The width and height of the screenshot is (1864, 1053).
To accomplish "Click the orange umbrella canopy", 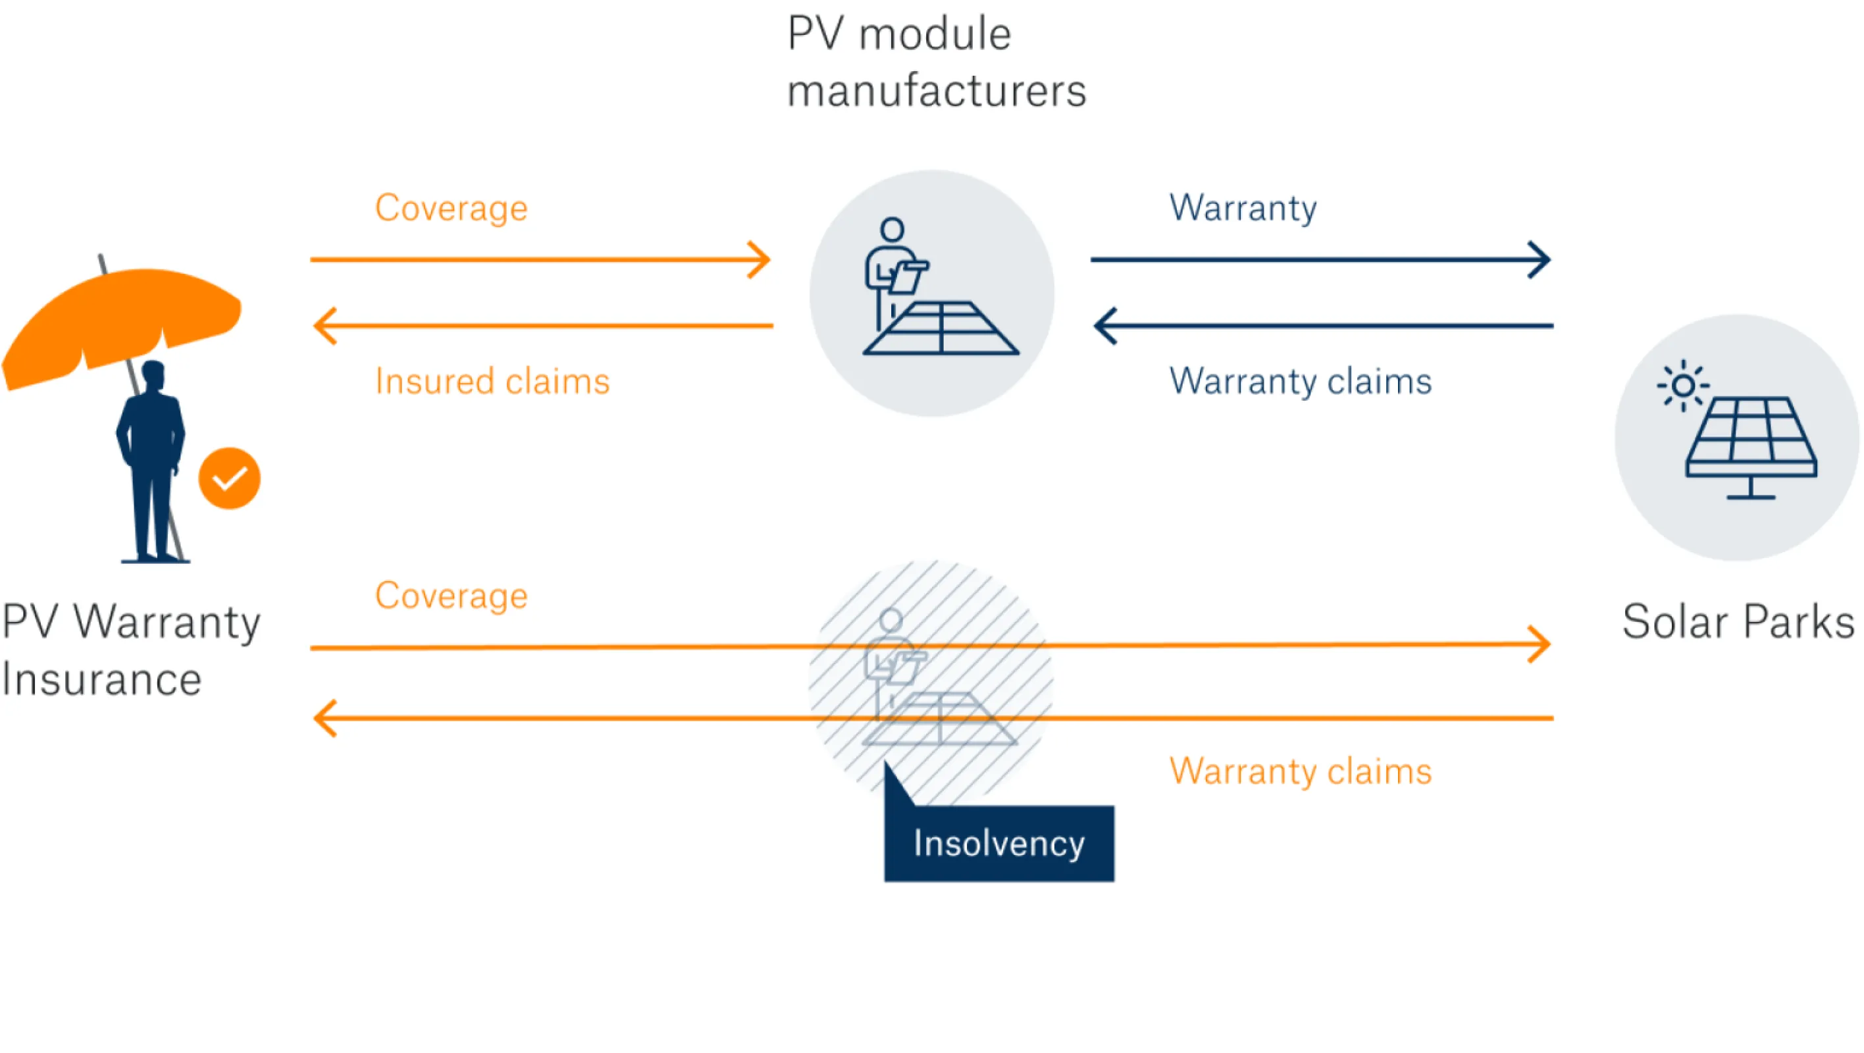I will pos(123,319).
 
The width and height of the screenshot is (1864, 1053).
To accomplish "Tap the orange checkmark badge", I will pos(230,478).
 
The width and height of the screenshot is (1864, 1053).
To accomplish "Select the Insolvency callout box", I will pos(998,843).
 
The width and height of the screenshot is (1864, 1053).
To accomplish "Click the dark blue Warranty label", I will pos(1243,208).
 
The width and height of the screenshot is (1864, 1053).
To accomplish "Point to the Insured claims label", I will pos(492,382).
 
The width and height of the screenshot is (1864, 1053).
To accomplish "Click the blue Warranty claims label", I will pos(1301,382).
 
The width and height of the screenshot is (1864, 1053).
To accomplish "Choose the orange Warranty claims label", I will pos(1301,771).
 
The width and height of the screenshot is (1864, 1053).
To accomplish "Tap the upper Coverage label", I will pos(451,209).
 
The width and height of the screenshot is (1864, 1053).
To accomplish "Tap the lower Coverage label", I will pos(451,596).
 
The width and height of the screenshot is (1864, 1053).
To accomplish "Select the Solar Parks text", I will pos(1738,622).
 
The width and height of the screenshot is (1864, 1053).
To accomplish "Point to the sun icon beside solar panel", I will pos(1683,386).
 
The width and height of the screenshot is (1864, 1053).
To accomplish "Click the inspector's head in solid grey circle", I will pos(893,230).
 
